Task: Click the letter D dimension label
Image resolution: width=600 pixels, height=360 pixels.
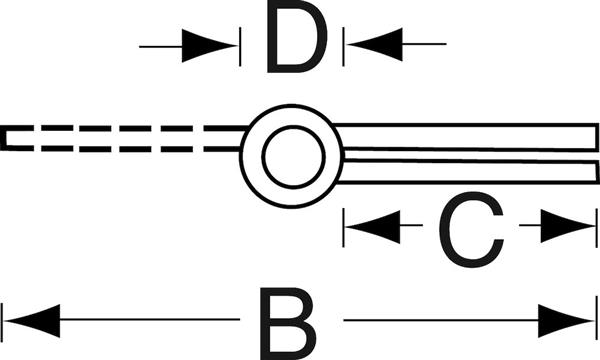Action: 297,37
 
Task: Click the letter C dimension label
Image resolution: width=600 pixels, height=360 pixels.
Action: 471,229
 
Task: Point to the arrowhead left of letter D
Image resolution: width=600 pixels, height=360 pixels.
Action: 209,46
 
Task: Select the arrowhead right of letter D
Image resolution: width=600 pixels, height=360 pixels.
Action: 375,44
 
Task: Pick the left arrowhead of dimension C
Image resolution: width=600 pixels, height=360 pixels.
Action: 373,226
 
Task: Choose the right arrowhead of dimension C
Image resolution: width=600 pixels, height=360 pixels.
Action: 568,226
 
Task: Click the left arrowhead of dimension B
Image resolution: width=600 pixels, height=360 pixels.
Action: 32,321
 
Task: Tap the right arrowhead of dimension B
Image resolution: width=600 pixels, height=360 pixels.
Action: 566,321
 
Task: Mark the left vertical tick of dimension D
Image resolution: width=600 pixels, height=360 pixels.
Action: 240,47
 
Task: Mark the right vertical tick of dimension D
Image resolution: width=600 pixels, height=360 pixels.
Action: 344,47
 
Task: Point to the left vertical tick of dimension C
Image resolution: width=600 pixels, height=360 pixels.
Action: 344,228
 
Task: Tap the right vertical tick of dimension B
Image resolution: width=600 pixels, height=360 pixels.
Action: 597,318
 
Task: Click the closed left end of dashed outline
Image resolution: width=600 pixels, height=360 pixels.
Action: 4,138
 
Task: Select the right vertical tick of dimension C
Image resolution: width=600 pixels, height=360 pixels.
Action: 597,228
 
